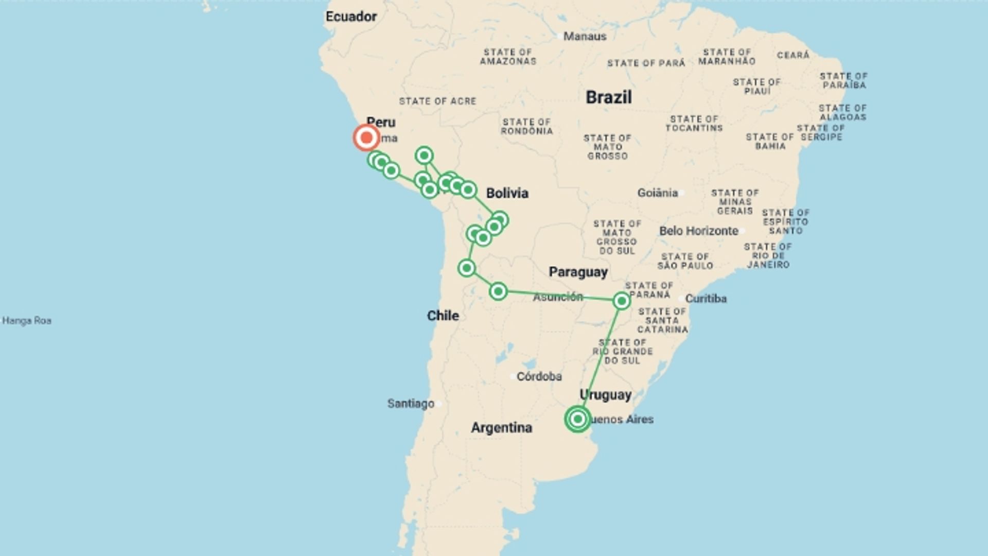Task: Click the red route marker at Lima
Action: (x=366, y=138)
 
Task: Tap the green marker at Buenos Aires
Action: (x=577, y=419)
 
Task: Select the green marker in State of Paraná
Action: (x=622, y=301)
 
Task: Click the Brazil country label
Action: (x=608, y=97)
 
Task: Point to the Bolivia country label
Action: (x=507, y=193)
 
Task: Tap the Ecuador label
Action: (x=351, y=16)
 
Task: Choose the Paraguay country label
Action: (x=578, y=272)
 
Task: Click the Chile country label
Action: (x=443, y=316)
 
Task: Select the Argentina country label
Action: (x=501, y=428)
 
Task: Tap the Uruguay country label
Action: (x=605, y=395)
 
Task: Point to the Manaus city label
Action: (x=585, y=36)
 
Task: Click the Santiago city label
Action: (x=411, y=404)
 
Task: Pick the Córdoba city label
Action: (x=539, y=376)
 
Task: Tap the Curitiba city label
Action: (x=705, y=299)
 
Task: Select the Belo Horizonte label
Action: (x=699, y=231)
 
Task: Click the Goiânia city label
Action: (x=657, y=193)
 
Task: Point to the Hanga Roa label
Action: (x=27, y=321)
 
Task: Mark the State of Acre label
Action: (x=437, y=101)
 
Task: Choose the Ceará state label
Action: (x=793, y=55)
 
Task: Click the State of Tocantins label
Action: (x=694, y=124)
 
